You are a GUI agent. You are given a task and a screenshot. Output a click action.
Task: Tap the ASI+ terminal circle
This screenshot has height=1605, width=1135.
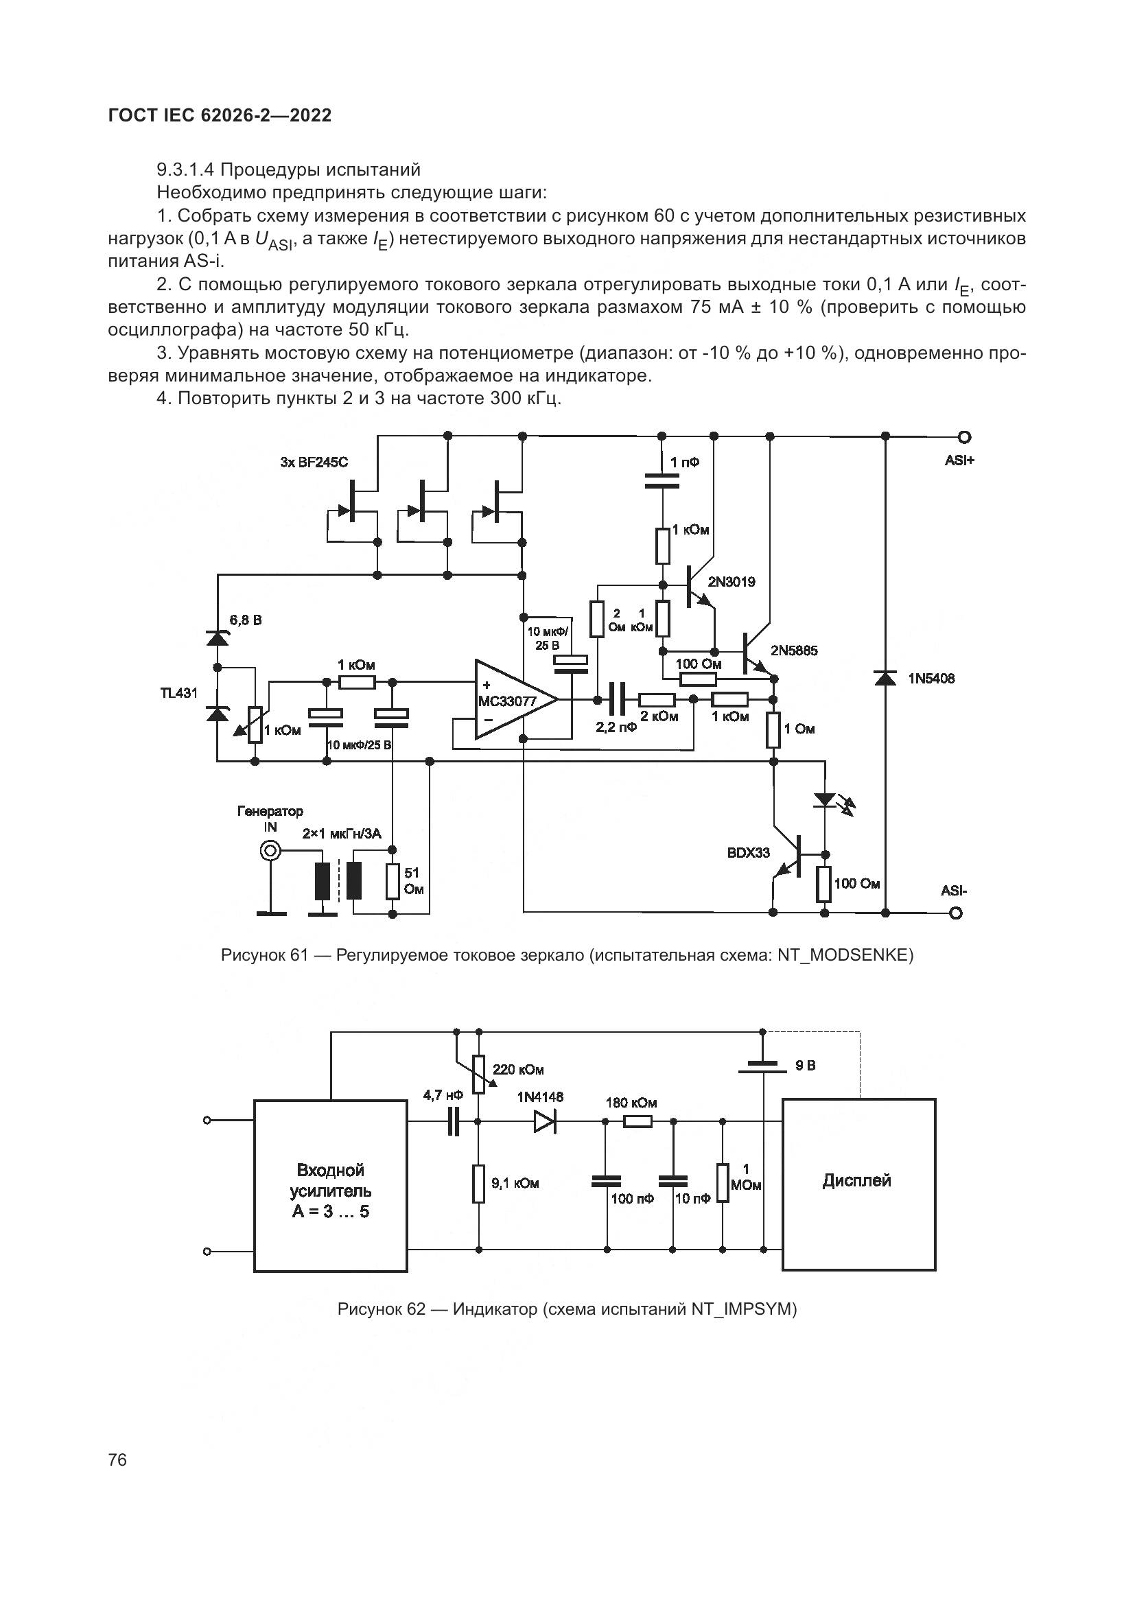point(966,437)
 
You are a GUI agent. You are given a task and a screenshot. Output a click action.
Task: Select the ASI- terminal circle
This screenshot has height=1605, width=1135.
point(957,913)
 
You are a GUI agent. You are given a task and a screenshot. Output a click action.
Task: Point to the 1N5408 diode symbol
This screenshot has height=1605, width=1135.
point(885,678)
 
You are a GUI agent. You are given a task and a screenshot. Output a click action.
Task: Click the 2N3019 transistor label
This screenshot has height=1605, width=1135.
point(731,582)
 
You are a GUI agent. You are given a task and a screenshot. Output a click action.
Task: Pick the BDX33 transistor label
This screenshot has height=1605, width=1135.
point(748,853)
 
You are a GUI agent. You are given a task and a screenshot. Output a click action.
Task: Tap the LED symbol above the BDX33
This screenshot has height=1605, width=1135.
point(826,799)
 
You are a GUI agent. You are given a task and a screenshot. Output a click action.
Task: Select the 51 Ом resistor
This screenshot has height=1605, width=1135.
point(393,882)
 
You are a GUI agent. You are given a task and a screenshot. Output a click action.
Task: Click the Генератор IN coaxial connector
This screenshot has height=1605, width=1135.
point(270,851)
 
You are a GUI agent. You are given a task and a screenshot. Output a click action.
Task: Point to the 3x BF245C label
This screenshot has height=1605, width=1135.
point(314,462)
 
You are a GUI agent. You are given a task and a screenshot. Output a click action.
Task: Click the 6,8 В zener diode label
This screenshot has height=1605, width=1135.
point(246,620)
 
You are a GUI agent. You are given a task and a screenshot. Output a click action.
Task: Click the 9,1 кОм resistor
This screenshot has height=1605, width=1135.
point(478,1184)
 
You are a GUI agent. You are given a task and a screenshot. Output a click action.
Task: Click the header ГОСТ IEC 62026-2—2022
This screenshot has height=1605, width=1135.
point(220,116)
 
